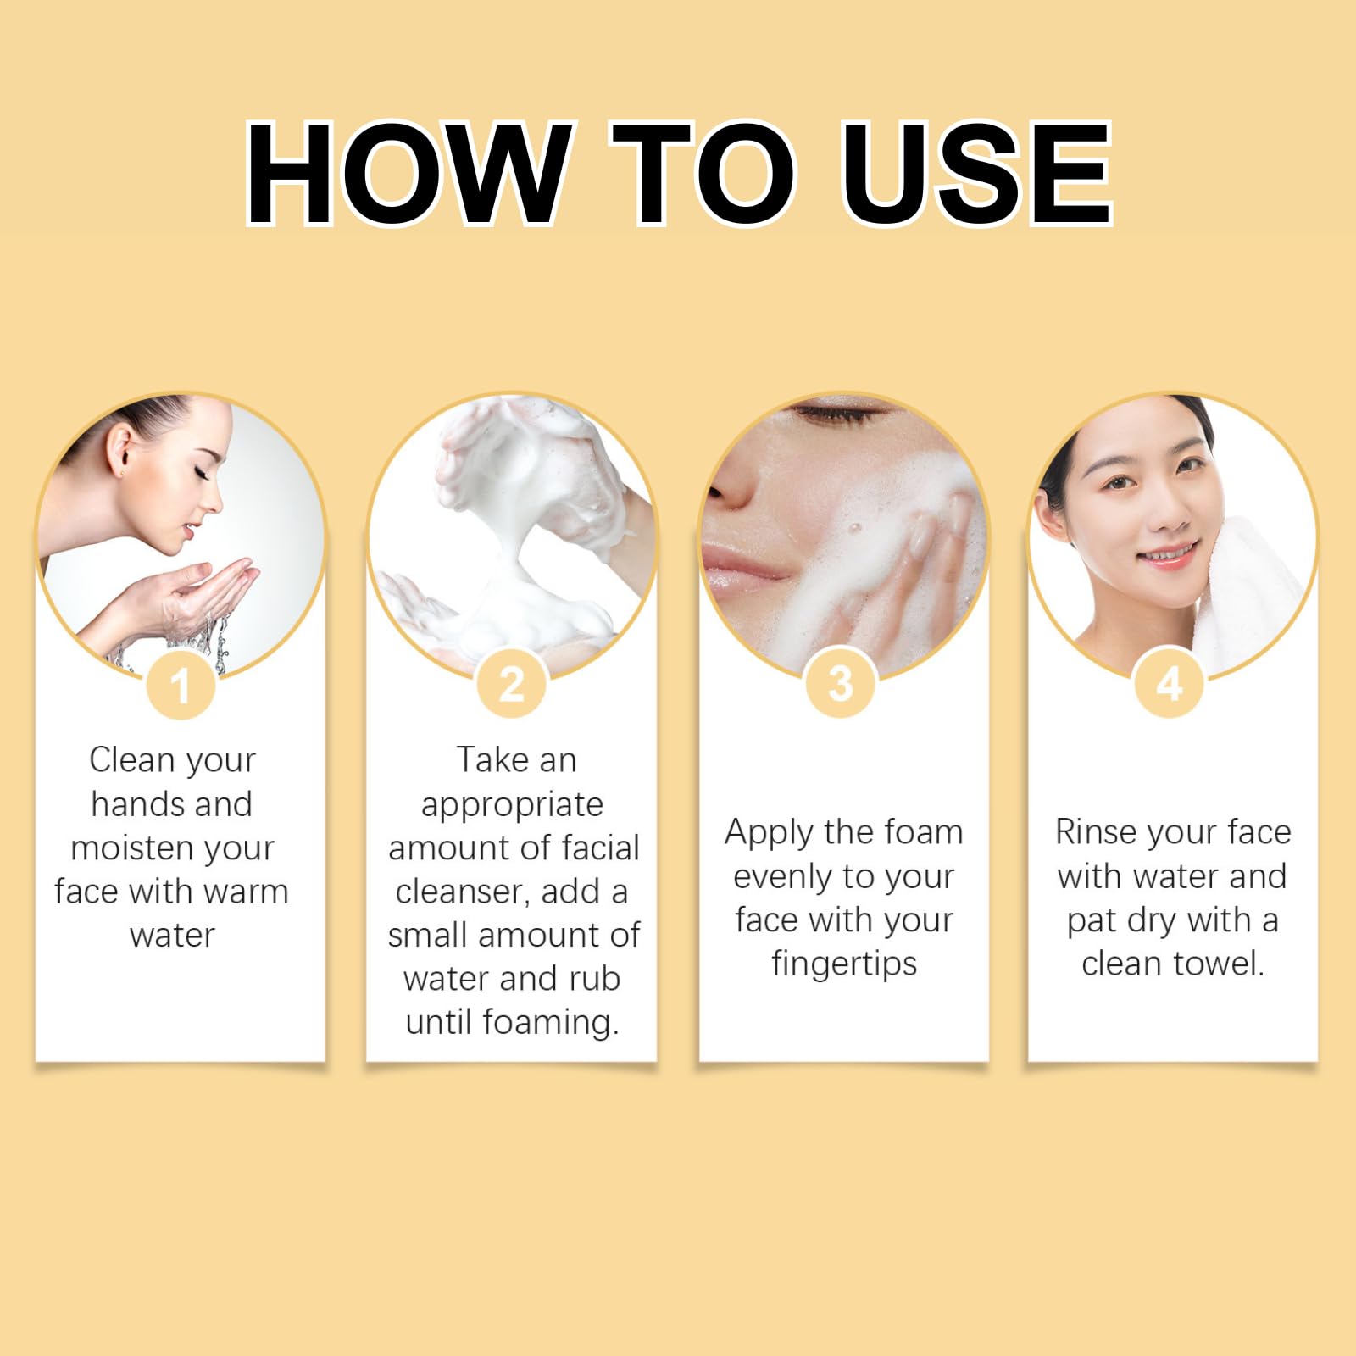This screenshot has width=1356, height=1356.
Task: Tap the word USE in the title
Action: (x=977, y=173)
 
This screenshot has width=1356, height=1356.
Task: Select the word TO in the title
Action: (x=704, y=173)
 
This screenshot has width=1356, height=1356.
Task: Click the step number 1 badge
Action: (x=180, y=685)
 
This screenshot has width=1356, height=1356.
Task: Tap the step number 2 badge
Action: (x=512, y=685)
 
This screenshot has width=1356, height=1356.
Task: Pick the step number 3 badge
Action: (x=840, y=683)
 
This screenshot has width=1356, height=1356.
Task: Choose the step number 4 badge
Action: (x=1170, y=683)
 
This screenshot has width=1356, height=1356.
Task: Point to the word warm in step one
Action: (x=246, y=892)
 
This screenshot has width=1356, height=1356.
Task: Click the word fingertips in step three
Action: (x=844, y=964)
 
